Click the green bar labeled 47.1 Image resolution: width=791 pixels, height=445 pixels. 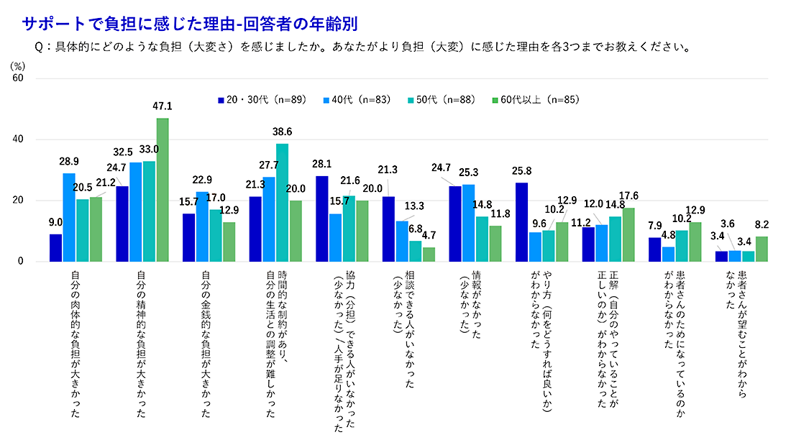(x=163, y=191)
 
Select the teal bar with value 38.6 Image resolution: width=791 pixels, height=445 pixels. (x=283, y=203)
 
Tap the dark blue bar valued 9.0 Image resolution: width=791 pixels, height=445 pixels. (x=55, y=248)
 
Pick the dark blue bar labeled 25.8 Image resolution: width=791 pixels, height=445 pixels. (x=522, y=222)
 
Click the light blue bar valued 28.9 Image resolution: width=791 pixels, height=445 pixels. (x=69, y=218)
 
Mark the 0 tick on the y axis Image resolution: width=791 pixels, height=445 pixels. (x=21, y=262)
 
